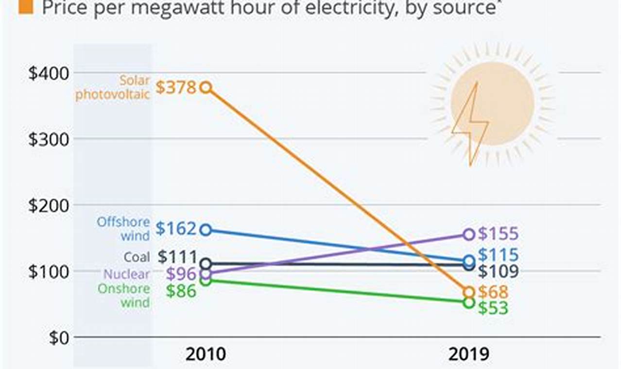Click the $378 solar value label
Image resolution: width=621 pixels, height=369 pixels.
175,88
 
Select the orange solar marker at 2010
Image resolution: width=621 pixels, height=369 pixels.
206,87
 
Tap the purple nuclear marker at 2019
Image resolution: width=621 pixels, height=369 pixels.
468,235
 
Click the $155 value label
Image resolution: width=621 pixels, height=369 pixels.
498,234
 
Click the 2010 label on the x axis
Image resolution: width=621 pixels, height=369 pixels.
206,354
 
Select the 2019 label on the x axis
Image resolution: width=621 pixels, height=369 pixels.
468,354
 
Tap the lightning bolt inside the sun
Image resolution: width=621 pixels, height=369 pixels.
470,124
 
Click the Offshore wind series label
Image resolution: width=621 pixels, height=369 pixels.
123,229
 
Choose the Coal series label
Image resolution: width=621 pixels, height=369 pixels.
137,257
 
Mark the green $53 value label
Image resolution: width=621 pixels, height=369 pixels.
493,308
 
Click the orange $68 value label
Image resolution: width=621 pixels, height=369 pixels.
493,292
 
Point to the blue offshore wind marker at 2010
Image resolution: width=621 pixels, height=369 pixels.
206,230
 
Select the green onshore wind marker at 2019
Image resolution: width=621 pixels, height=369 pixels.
468,302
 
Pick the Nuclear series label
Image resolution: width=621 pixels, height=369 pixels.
127,274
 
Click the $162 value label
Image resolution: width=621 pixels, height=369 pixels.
175,229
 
